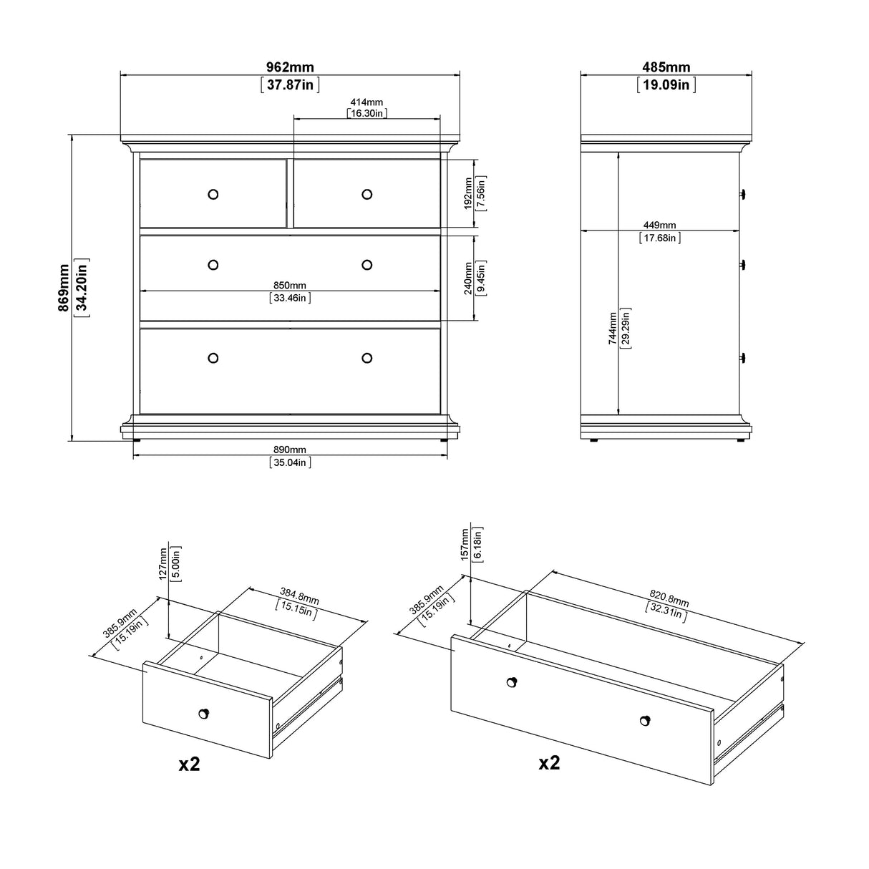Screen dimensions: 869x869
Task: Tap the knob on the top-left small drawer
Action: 213,194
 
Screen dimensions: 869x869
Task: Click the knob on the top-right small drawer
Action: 367,194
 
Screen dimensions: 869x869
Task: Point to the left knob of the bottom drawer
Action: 213,358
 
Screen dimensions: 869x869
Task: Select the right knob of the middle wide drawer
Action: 367,265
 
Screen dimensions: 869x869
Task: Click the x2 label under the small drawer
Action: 189,764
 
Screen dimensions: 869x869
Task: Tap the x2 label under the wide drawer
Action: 549,762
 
